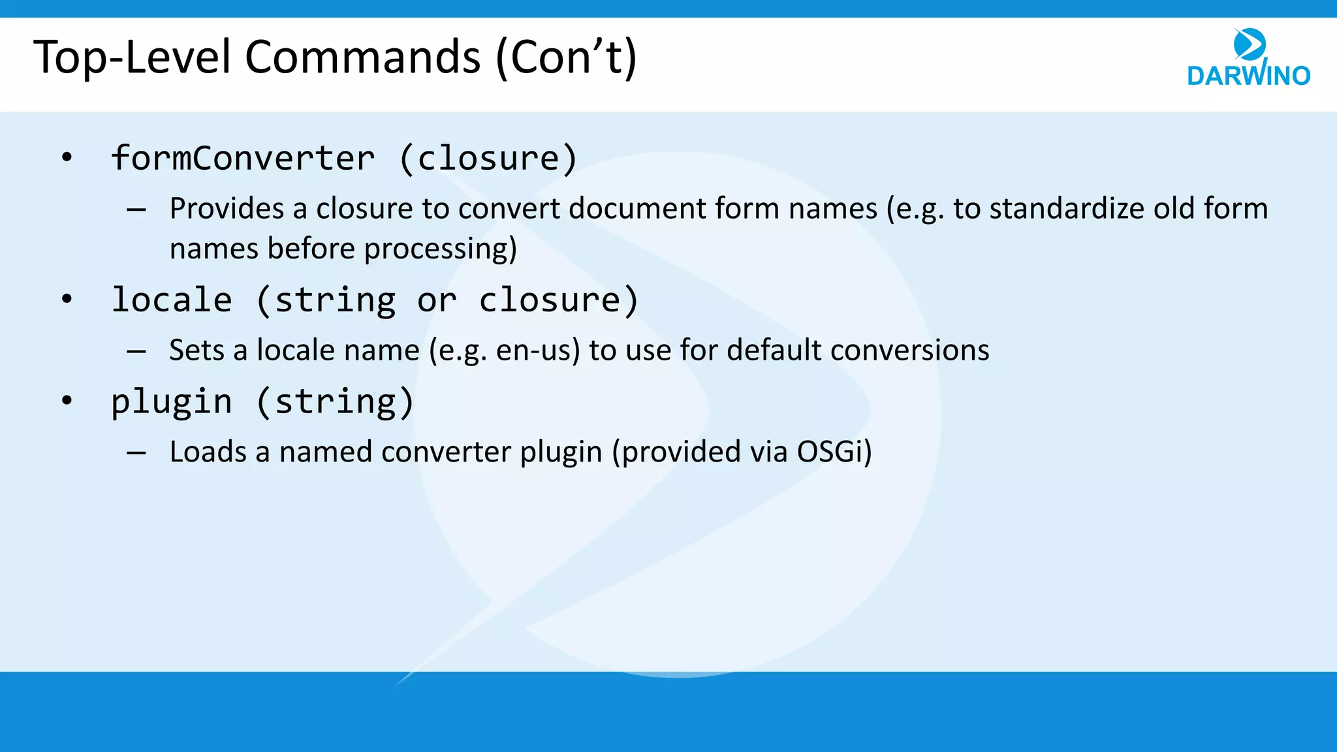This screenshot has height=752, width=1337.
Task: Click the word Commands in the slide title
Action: (x=362, y=57)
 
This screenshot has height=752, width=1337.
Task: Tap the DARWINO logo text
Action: (x=1248, y=76)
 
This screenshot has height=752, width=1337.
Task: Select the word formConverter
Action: (x=243, y=159)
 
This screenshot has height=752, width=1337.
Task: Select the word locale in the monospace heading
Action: (x=172, y=300)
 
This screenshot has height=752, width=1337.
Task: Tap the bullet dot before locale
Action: (x=67, y=299)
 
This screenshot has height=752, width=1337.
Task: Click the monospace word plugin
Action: (x=172, y=402)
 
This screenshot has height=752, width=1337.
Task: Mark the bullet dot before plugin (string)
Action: (x=67, y=400)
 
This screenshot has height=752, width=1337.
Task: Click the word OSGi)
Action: (x=834, y=452)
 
